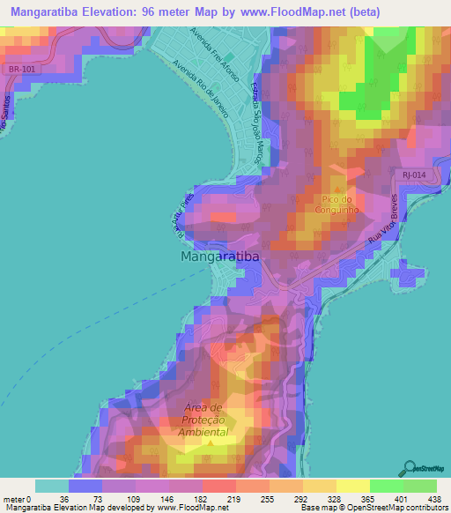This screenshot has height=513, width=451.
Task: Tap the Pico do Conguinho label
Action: [338, 205]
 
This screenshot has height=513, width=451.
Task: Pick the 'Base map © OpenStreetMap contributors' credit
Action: [373, 508]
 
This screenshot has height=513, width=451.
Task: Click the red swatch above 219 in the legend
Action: [217, 486]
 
